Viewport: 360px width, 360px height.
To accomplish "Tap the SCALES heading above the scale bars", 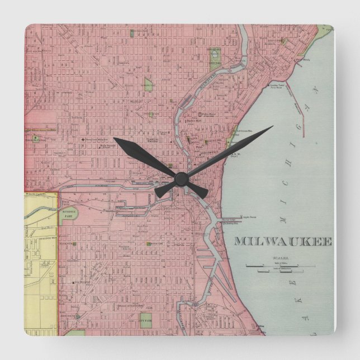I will pos(278,259).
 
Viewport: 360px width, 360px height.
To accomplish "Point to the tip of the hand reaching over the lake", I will pos(272,127).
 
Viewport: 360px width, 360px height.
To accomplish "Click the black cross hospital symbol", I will pos(83,138).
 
